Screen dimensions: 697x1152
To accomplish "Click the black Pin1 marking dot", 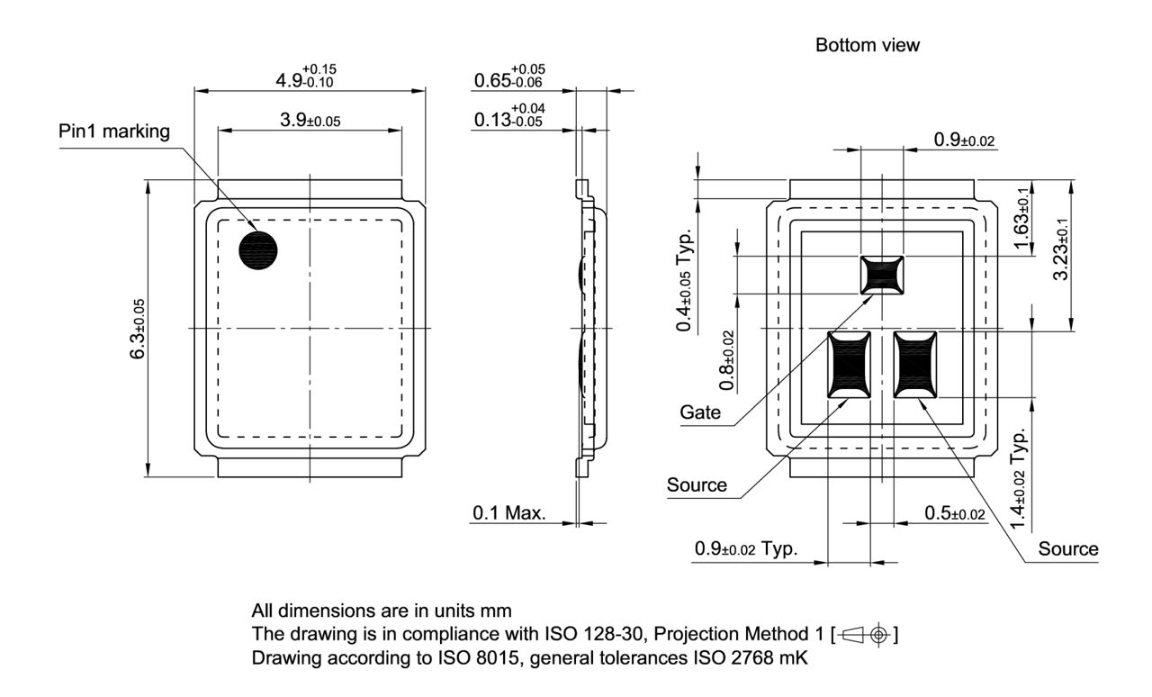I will coord(258,250).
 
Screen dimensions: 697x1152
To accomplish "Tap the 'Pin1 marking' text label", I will coord(114,131).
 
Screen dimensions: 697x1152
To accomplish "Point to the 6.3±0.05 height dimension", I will coord(138,329).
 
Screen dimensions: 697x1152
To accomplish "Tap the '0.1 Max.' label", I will coord(508,513).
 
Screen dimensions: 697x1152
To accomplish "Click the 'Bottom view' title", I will coord(867,45).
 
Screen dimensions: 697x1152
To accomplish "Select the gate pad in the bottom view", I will coord(883,275).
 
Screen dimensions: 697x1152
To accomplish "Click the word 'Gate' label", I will coord(700,413).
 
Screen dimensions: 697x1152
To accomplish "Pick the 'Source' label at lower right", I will coord(1068,548).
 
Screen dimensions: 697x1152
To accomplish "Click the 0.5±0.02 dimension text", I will coord(954,512).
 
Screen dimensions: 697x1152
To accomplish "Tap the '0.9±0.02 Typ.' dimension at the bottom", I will coord(745,548).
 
